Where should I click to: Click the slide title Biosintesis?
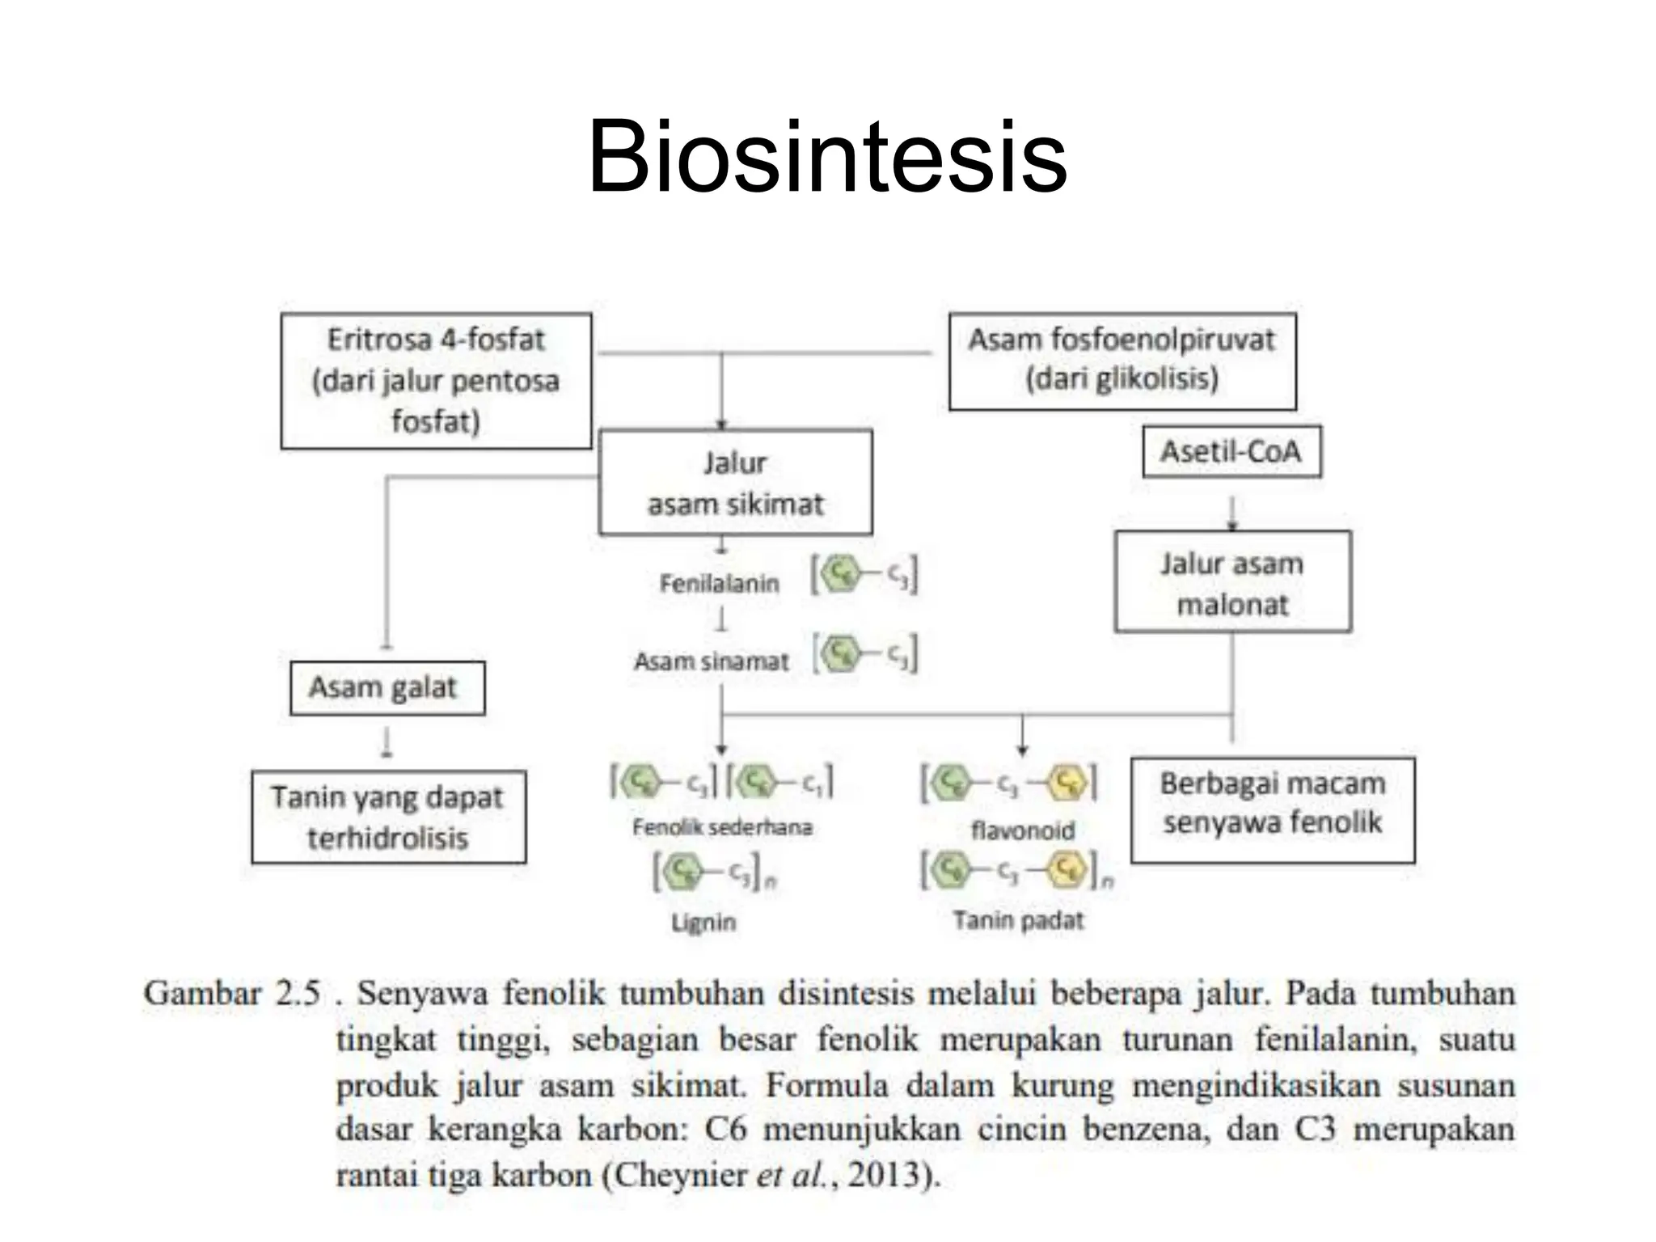coord(827,157)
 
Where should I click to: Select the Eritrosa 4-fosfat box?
coord(436,381)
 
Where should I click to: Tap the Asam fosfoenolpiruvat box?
coord(1122,361)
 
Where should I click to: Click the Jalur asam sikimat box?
coord(735,483)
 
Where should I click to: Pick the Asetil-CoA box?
coord(1231,453)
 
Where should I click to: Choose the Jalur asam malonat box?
coord(1231,582)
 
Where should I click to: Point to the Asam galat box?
coord(387,688)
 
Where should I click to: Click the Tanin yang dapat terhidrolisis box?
coord(388,817)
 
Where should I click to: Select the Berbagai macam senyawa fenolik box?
coord(1272,809)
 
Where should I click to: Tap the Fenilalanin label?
coord(719,583)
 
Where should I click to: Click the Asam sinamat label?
coord(711,661)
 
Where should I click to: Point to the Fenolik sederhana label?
coord(721,827)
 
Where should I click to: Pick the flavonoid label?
coord(1022,830)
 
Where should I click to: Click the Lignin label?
coord(703,922)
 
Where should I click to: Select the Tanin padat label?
coord(1017,920)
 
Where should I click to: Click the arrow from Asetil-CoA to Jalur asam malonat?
coord(1231,513)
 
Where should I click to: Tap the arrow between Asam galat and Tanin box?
coord(387,741)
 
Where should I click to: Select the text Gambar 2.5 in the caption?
coord(232,993)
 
